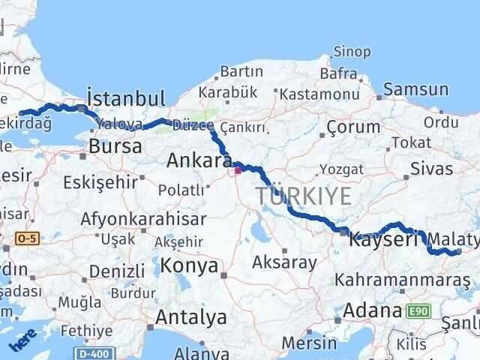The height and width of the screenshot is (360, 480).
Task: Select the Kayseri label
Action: point(383,240)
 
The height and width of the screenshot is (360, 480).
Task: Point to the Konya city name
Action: point(191,265)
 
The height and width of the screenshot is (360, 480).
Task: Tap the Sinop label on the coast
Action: point(351,52)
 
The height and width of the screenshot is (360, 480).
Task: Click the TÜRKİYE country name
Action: point(304,196)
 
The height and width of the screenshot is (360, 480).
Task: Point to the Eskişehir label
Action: point(100,182)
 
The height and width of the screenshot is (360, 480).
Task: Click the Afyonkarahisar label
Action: point(134,219)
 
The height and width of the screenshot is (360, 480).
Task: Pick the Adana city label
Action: point(373,310)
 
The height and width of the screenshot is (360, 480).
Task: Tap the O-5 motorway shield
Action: point(25,238)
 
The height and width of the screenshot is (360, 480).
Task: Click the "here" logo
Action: point(22,339)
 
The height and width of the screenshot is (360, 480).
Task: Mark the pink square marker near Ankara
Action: point(238,170)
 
